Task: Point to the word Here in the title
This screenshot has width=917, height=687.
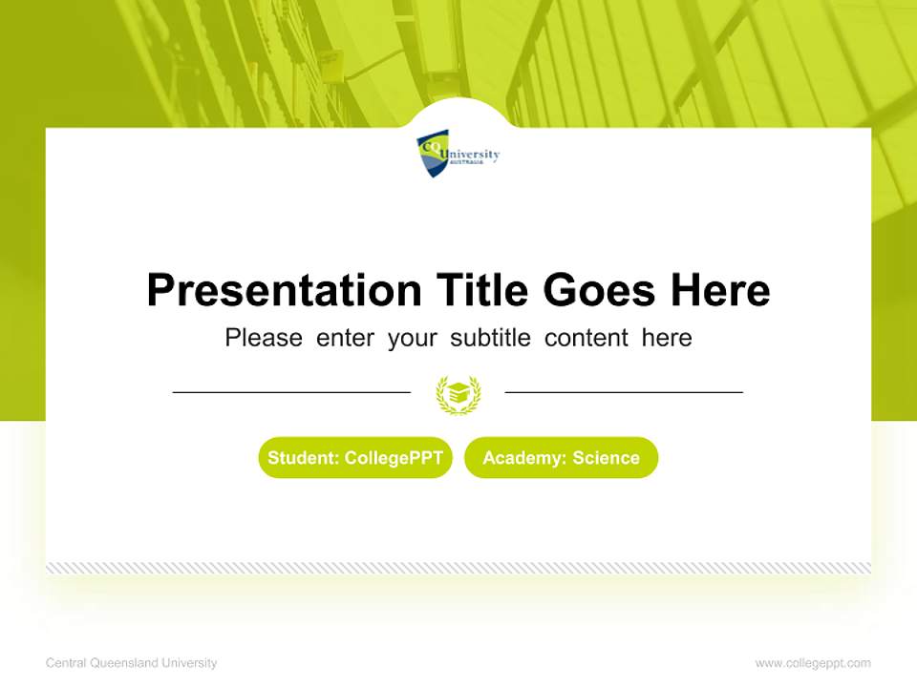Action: point(719,290)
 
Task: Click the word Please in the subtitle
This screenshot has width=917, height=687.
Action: point(264,338)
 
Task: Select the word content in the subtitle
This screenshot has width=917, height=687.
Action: point(586,338)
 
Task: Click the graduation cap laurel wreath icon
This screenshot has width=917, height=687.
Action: point(458,394)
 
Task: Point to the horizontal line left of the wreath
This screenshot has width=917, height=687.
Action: point(291,392)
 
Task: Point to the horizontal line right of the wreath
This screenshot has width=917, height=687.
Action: point(624,392)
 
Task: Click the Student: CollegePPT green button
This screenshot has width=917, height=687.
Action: point(355,458)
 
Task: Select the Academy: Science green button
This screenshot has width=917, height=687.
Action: point(561,458)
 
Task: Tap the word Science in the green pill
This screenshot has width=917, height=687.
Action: point(606,458)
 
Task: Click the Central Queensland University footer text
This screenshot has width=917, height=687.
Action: point(132,663)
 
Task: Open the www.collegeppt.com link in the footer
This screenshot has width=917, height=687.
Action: point(813,663)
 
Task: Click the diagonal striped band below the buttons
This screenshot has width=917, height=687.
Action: point(458,568)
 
